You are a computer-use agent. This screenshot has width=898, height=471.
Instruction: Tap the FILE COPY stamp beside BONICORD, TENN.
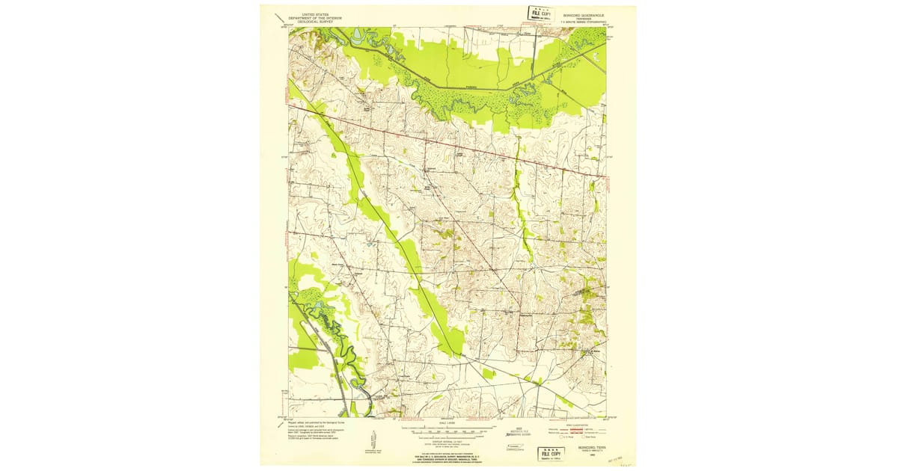click(x=552, y=453)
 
